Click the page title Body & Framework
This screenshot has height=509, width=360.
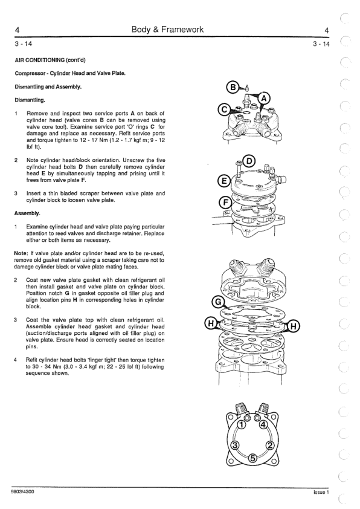tap(167, 30)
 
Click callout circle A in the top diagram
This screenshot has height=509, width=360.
tap(265, 98)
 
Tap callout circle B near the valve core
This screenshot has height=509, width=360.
tap(234, 87)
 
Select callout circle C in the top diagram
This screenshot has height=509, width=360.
tap(223, 110)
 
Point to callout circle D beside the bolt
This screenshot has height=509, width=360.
tap(249, 161)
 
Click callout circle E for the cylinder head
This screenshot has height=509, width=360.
tap(223, 181)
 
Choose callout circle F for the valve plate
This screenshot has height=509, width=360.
tap(225, 203)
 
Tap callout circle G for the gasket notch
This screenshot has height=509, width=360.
tap(218, 302)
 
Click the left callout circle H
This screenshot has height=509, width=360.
tap(211, 324)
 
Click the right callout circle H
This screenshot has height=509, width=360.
tap(294, 326)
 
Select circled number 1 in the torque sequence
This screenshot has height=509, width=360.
tap(242, 424)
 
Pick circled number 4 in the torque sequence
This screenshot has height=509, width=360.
tap(263, 424)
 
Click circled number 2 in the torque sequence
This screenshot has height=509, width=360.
tap(269, 445)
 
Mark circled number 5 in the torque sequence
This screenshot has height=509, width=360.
tap(252, 458)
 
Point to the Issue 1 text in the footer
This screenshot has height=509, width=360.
tap(321, 493)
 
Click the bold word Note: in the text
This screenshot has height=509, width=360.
tap(21, 253)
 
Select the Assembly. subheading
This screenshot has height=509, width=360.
tap(27, 213)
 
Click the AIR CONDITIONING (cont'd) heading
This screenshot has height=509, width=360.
tap(50, 60)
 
